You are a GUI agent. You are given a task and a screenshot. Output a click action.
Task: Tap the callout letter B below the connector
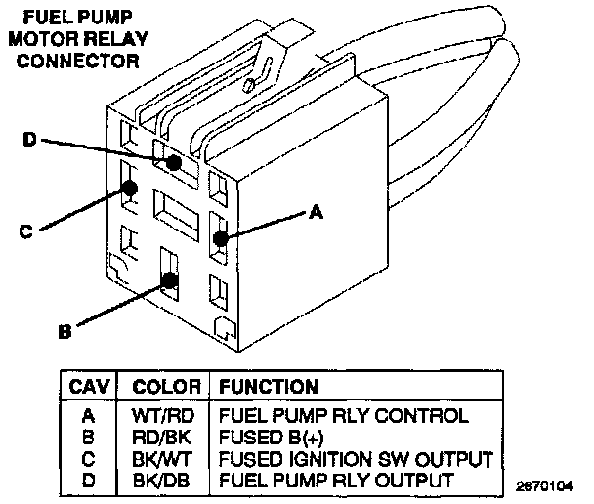tap(64, 332)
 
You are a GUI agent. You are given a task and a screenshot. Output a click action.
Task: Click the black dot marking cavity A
tap(222, 236)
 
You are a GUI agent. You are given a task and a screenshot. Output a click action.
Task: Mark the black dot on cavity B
tap(170, 279)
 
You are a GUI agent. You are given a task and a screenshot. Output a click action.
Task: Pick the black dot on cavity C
tap(129, 189)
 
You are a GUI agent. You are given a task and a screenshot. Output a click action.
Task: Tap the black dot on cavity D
tap(174, 163)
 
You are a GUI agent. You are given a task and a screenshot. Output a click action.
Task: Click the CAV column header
tap(89, 387)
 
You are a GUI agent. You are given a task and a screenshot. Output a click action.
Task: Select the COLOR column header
tap(166, 387)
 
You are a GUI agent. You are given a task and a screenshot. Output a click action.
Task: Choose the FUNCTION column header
tap(268, 387)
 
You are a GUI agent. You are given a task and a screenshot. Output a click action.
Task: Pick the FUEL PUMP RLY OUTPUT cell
tap(337, 480)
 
